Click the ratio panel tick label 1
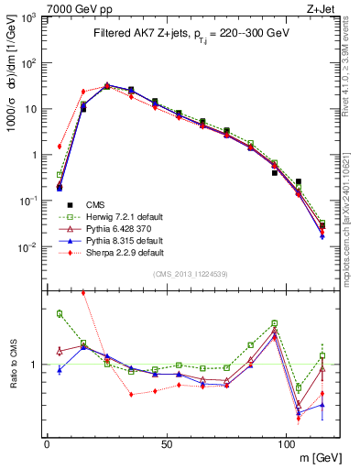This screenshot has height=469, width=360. [34, 365]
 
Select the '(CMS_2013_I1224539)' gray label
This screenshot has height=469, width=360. [190, 274]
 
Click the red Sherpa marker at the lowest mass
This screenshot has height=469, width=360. [60, 146]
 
